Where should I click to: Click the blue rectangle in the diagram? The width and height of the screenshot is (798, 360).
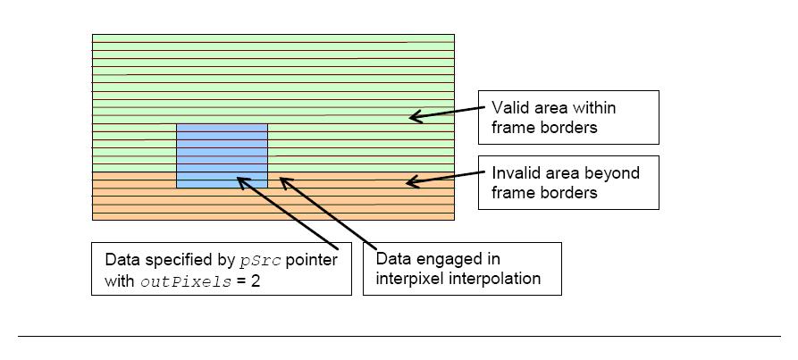[x=222, y=155]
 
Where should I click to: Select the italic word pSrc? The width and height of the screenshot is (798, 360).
[x=261, y=261]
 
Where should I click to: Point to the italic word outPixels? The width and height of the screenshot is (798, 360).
[x=185, y=282]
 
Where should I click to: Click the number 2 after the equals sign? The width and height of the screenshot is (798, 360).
[x=255, y=281]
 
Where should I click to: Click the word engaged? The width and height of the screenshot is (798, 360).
[x=448, y=260]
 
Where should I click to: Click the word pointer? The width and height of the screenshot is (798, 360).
[x=312, y=260]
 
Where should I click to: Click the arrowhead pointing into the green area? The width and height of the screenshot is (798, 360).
[x=416, y=116]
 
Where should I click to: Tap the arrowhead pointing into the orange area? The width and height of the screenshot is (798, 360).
[x=413, y=181]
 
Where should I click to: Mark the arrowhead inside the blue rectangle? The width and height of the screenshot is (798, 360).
[x=245, y=183]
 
